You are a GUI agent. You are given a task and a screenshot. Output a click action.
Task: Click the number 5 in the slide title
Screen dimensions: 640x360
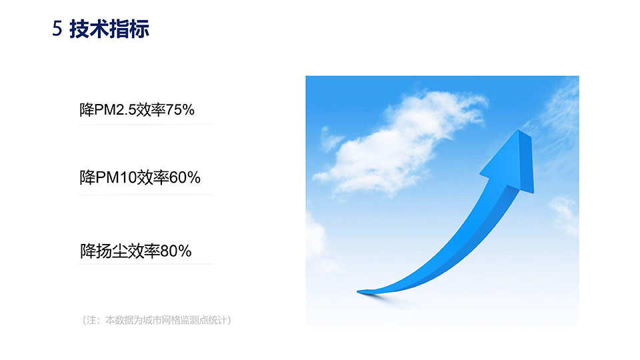click(57, 29)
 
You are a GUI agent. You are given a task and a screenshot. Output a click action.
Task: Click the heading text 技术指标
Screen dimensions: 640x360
click(109, 29)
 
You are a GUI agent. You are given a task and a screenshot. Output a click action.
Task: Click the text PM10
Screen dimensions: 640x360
click(116, 177)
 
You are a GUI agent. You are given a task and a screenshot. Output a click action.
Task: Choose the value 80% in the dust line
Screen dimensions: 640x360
click(176, 251)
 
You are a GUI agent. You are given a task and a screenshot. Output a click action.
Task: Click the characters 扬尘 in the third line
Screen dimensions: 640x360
click(112, 251)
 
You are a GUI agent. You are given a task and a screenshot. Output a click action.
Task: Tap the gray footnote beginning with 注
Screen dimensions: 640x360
click(157, 320)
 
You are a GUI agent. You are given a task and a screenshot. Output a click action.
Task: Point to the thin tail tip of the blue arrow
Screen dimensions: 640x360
click(359, 291)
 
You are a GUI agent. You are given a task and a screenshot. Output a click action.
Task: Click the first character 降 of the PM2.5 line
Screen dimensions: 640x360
click(87, 110)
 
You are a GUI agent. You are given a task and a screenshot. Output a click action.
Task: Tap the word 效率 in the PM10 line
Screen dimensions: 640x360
click(153, 177)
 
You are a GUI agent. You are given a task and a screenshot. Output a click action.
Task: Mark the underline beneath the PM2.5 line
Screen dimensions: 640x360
click(146, 125)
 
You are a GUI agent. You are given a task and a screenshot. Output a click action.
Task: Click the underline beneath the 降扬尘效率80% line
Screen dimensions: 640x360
click(146, 264)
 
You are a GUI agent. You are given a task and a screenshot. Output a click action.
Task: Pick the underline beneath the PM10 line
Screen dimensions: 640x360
click(146, 195)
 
